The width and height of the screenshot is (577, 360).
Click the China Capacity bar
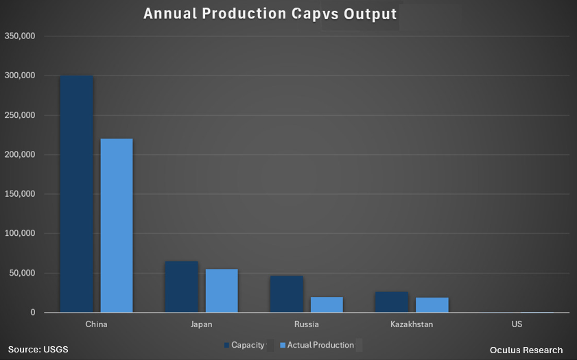76,194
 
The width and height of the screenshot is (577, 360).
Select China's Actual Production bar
117,226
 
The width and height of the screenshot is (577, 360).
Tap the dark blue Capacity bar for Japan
181,287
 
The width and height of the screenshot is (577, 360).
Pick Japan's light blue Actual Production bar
222,291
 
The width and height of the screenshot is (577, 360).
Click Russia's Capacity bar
286,294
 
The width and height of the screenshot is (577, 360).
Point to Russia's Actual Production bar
327,304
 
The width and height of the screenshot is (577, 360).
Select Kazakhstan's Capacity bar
391,302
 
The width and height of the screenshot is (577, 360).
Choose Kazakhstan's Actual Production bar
432,305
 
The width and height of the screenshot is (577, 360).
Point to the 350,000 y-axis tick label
20,36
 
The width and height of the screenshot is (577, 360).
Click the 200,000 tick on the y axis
20,154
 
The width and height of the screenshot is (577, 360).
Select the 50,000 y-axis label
22,273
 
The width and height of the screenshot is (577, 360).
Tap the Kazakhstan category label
411,324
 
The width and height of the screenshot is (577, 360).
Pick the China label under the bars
96,324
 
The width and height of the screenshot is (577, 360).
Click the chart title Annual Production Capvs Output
270,14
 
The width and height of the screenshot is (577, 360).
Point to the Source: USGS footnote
38,350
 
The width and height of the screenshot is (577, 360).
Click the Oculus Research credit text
526,350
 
